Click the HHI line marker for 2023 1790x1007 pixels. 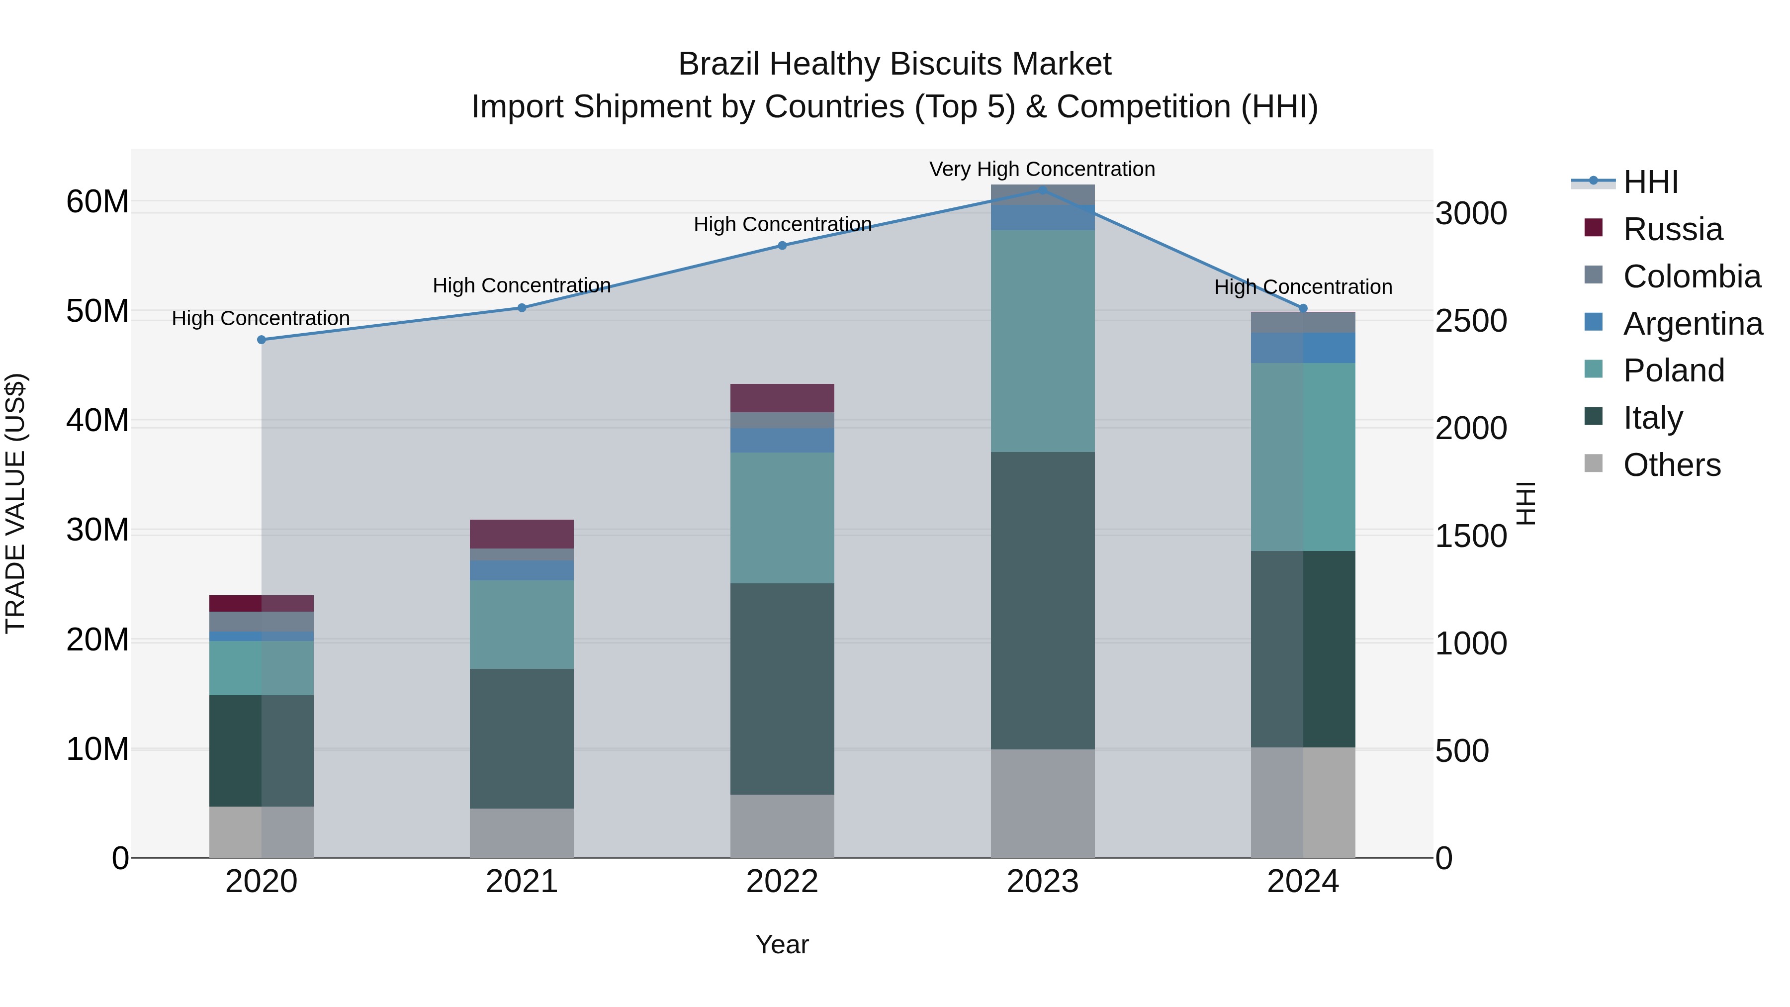point(1042,190)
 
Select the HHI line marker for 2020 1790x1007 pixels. point(261,340)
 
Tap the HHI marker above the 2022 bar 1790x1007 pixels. point(782,245)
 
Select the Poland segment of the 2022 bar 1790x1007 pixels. point(782,518)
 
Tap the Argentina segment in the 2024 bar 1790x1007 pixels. point(1303,348)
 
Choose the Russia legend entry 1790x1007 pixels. point(1672,229)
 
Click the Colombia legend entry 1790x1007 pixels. point(1692,276)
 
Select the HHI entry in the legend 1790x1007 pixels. point(1650,182)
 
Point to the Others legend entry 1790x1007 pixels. point(1671,465)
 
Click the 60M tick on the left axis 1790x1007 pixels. point(97,202)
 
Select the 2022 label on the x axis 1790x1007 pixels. point(782,882)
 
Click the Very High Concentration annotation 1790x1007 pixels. point(1042,169)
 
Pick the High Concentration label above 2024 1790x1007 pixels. point(1303,287)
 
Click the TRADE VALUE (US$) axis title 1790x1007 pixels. point(15,503)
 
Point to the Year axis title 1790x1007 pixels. point(782,944)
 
